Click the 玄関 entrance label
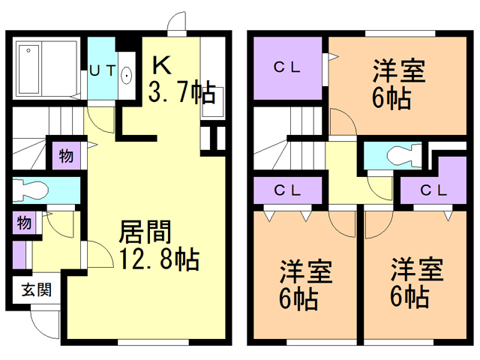[37, 289]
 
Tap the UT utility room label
[103, 71]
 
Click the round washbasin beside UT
[126, 75]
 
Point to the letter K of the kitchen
[162, 65]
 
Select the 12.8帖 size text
[160, 259]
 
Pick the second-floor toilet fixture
[404, 156]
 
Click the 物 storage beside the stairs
[67, 156]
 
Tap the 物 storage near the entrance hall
[24, 223]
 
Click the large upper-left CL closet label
[287, 67]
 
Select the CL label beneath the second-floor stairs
[287, 190]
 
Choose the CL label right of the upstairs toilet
[433, 190]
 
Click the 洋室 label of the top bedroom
[399, 72]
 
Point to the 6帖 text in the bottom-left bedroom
[298, 298]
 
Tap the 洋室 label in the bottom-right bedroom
[417, 270]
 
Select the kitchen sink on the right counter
[213, 102]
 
